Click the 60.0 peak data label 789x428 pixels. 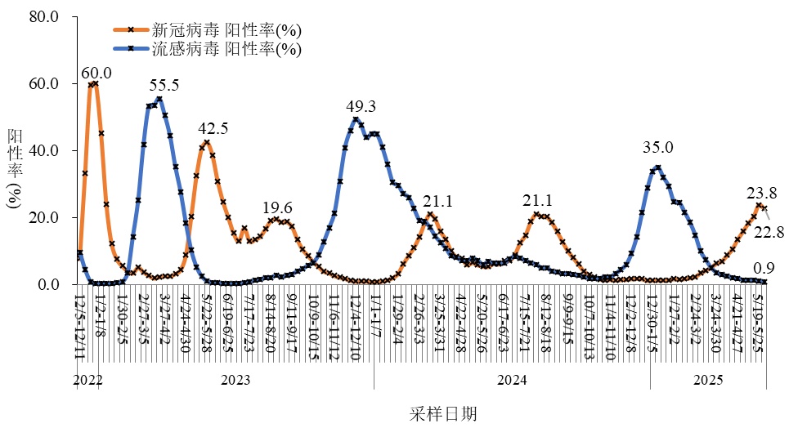tap(96, 74)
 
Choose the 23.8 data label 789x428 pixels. tap(761, 194)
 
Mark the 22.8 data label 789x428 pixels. tap(769, 232)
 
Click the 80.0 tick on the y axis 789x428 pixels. tap(44, 17)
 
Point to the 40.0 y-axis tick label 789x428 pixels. tap(44, 151)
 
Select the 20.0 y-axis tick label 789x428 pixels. tap(44, 218)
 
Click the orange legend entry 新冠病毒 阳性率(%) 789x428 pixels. tap(226, 30)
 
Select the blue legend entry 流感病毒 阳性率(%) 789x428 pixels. tap(226, 49)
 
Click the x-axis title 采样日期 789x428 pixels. tap(443, 414)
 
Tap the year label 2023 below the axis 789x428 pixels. tap(235, 380)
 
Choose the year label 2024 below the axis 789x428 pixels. tap(512, 380)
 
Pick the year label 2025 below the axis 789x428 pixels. tap(708, 380)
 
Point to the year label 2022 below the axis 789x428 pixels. tap(87, 380)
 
